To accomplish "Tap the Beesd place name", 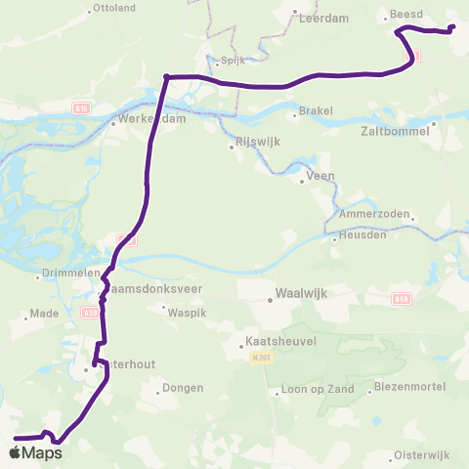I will (x=404, y=15).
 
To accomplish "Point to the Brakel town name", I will (x=318, y=111).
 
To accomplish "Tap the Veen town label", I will (x=320, y=177).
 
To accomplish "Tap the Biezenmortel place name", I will (x=408, y=387).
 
